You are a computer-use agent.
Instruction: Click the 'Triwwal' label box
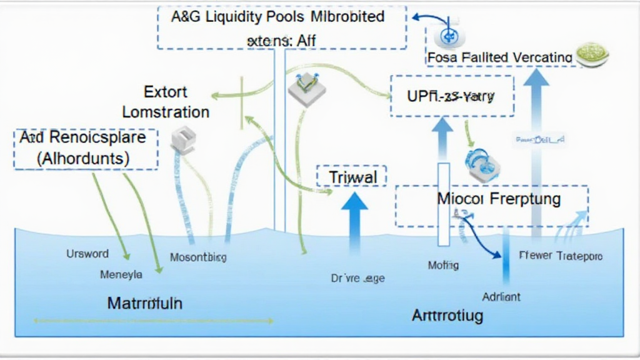pyautogui.click(x=352, y=177)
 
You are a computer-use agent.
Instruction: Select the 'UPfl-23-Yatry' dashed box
pyautogui.click(x=451, y=96)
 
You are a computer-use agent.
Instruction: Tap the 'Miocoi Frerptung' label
pyautogui.click(x=490, y=199)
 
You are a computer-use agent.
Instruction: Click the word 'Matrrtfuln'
pyautogui.click(x=144, y=304)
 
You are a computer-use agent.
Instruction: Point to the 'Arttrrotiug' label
pyautogui.click(x=447, y=315)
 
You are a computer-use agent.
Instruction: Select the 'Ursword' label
pyautogui.click(x=87, y=254)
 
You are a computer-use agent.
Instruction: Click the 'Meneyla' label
pyautogui.click(x=121, y=274)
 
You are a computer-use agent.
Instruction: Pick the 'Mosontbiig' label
pyautogui.click(x=198, y=257)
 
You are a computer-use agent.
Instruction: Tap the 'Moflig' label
pyautogui.click(x=443, y=265)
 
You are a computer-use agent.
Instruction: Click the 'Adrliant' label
pyautogui.click(x=501, y=296)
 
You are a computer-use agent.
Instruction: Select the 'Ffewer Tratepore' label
pyautogui.click(x=561, y=256)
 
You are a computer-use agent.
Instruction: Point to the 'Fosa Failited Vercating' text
pyautogui.click(x=500, y=57)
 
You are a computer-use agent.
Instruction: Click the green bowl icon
pyautogui.click(x=591, y=55)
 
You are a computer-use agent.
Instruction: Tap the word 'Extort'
pyautogui.click(x=166, y=92)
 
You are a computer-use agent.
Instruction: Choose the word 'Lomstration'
pyautogui.click(x=166, y=112)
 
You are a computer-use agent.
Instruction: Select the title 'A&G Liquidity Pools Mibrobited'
pyautogui.click(x=277, y=17)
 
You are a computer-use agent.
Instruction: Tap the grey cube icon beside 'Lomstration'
pyautogui.click(x=183, y=139)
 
